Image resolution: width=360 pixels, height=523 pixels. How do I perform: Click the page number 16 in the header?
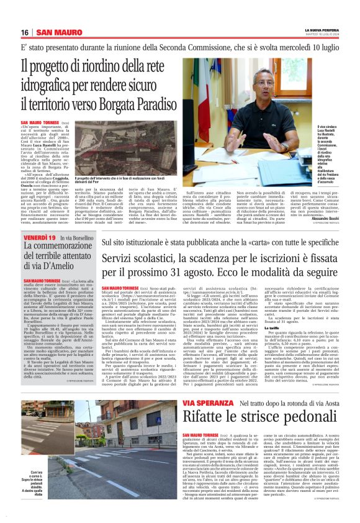click(25, 32)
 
